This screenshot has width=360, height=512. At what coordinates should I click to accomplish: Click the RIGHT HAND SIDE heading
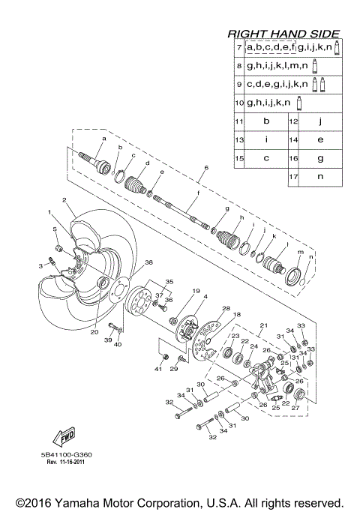coord(283,34)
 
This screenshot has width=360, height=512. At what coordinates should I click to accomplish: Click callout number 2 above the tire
coord(65,199)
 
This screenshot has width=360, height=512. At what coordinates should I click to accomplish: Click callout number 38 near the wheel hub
coord(148,262)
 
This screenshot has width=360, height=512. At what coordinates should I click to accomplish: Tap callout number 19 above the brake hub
coord(175,291)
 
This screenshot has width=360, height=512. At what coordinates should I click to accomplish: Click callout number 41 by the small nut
coord(157,369)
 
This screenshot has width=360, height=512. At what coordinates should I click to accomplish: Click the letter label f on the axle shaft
coord(198,193)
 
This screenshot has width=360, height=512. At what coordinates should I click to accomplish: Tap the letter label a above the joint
coord(104,139)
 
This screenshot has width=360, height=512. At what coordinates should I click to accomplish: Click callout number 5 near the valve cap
coord(54,229)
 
